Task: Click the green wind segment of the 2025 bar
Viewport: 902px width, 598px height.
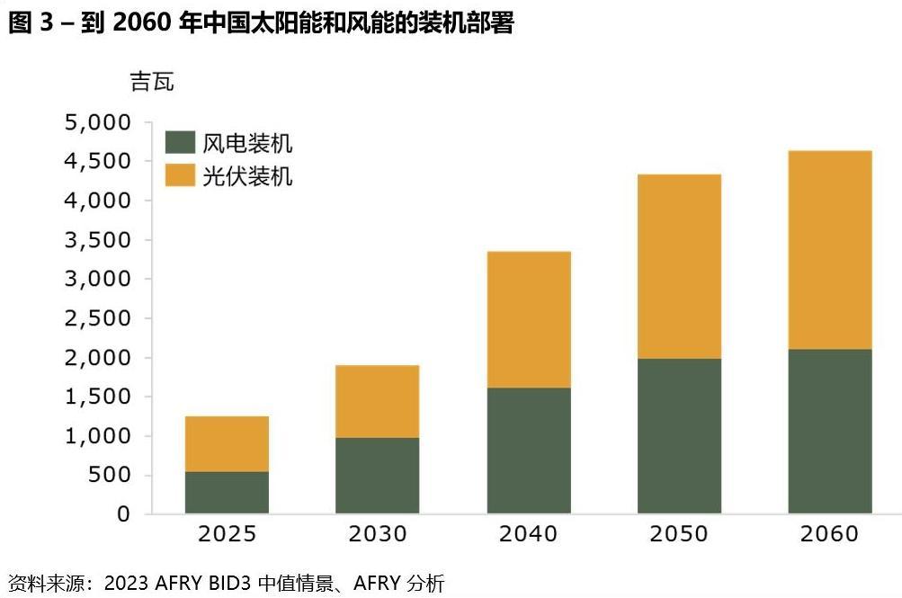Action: click(227, 492)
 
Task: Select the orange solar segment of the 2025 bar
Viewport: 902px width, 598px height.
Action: click(227, 443)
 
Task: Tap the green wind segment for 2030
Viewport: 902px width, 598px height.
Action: click(378, 475)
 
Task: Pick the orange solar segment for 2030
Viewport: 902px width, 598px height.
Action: click(378, 401)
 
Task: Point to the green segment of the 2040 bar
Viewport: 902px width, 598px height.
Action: click(529, 450)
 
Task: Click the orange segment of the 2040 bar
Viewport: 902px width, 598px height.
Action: click(529, 319)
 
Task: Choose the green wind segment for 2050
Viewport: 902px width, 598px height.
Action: click(679, 435)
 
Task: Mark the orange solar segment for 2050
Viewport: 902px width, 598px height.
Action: click(679, 266)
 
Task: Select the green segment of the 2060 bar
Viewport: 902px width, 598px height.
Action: click(830, 431)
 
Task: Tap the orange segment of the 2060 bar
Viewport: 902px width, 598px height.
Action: click(830, 249)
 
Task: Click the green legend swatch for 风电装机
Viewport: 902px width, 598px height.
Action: click(180, 143)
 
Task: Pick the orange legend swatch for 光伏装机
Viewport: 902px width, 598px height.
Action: click(180, 174)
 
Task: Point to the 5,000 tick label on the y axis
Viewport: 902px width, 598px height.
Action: click(97, 122)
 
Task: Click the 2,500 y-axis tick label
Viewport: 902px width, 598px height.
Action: click(97, 318)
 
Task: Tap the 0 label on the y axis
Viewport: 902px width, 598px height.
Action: click(122, 514)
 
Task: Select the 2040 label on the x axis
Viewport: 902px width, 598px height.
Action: click(529, 534)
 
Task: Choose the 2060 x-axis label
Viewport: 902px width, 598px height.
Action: click(830, 534)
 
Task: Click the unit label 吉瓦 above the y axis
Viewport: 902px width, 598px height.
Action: click(152, 83)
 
